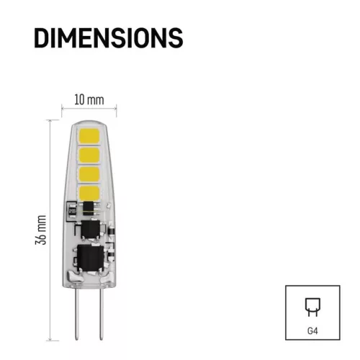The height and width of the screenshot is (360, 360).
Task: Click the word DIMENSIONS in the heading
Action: click(108, 37)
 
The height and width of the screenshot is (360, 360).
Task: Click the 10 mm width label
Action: click(89, 98)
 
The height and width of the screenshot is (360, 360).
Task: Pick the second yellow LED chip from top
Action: click(89, 156)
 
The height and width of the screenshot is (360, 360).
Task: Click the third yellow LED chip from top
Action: click(89, 174)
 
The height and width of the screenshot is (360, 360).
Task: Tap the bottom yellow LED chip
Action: click(89, 193)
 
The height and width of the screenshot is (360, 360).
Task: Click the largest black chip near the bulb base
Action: click(90, 258)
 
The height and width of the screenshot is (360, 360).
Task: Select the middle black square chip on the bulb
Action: click(91, 230)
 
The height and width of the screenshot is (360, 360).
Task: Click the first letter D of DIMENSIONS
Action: click(42, 37)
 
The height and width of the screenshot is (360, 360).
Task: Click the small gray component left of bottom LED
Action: click(72, 210)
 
